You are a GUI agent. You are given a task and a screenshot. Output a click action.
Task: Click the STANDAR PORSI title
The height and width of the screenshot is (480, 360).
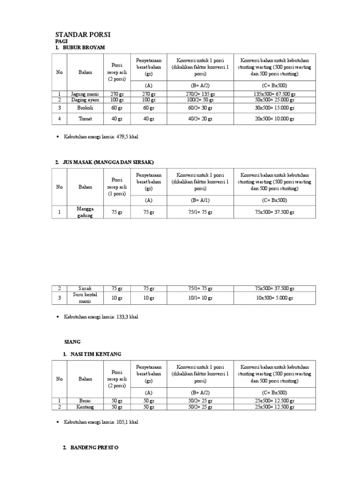tap(82, 35)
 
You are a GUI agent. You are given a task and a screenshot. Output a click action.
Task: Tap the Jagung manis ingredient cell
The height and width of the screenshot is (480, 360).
tap(85, 94)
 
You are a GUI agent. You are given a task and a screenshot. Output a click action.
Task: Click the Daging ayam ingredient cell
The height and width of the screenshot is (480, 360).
tap(85, 100)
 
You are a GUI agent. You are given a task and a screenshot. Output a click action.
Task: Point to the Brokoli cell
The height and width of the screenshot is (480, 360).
tap(85, 108)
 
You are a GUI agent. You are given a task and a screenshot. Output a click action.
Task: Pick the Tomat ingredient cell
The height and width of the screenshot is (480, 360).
tap(85, 119)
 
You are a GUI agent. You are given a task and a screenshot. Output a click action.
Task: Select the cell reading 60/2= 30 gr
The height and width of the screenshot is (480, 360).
tap(200, 108)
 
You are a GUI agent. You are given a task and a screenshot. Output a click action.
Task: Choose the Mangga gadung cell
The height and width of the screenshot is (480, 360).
tap(85, 212)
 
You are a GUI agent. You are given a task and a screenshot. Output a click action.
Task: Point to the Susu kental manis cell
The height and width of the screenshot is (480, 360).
tap(85, 298)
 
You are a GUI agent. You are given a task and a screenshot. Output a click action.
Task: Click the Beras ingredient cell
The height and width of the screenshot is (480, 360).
tap(85, 401)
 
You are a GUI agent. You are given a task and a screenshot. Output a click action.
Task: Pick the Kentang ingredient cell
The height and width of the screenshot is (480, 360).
tap(85, 407)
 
